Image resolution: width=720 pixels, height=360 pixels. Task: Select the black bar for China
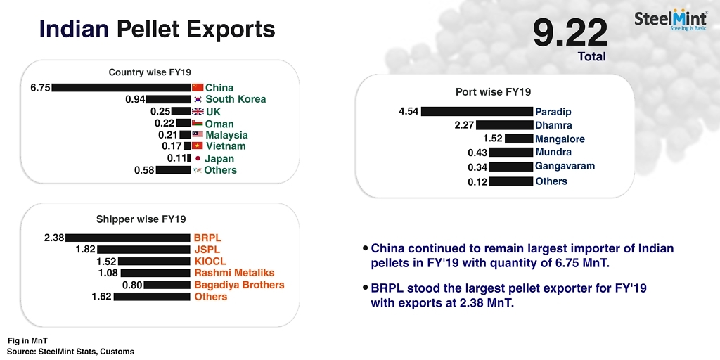121,87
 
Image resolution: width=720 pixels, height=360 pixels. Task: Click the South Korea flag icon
198,98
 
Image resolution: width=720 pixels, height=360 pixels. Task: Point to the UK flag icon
198,111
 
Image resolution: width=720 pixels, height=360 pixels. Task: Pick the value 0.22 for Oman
164,123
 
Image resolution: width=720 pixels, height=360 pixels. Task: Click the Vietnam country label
226,146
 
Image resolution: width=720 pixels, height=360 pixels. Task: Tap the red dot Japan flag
198,158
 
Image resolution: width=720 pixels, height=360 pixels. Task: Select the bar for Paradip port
477,111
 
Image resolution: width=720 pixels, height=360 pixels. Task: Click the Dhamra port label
553,125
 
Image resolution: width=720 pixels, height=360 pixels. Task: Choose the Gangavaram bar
511,167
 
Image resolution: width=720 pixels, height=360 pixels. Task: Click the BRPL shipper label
207,238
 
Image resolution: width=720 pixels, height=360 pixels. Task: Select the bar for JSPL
143,250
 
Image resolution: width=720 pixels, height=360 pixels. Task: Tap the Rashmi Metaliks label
234,273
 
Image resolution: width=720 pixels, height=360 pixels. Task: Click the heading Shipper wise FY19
141,219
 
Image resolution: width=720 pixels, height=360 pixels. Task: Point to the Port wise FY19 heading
493,91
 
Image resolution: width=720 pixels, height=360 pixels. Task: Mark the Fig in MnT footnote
28,341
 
